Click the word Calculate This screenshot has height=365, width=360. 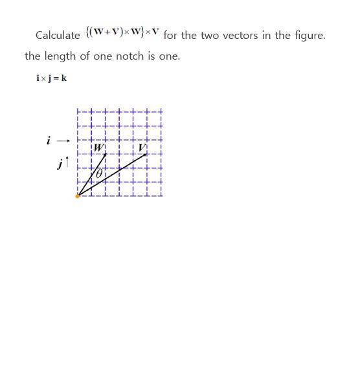pos(58,36)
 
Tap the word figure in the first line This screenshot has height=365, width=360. pos(307,36)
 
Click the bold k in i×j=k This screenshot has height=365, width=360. pos(64,78)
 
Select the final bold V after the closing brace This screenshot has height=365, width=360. pos(155,32)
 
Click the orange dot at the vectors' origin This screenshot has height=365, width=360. pos(78,195)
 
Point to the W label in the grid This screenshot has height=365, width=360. pos(98,148)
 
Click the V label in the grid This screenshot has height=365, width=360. pos(142,148)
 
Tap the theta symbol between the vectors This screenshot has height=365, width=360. pos(99,174)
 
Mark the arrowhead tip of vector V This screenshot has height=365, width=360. pos(147,154)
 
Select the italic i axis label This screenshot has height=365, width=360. pos(48,140)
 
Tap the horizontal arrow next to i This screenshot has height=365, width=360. pos(63,140)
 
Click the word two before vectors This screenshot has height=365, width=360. pos(210,36)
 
